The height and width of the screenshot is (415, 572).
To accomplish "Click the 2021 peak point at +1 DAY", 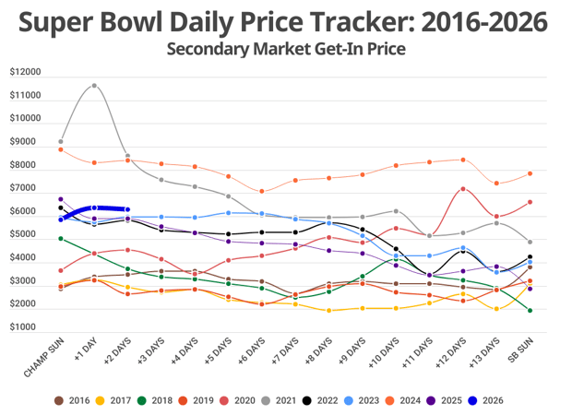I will pyautogui.click(x=94, y=86).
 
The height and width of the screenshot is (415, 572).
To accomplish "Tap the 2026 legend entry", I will pyautogui.click(x=485, y=400).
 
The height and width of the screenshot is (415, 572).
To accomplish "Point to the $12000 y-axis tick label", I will pyautogui.click(x=26, y=72).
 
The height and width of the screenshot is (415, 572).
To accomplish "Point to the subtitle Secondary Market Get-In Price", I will pyautogui.click(x=285, y=48).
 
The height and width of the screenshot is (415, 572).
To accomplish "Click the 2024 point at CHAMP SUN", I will pyautogui.click(x=60, y=149).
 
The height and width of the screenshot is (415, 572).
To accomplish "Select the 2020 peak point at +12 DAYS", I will pyautogui.click(x=462, y=189).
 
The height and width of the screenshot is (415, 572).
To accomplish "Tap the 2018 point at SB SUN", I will pyautogui.click(x=530, y=311).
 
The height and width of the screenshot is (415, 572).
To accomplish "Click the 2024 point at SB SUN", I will pyautogui.click(x=530, y=173).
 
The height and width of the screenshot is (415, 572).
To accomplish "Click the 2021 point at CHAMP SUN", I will pyautogui.click(x=61, y=141).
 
